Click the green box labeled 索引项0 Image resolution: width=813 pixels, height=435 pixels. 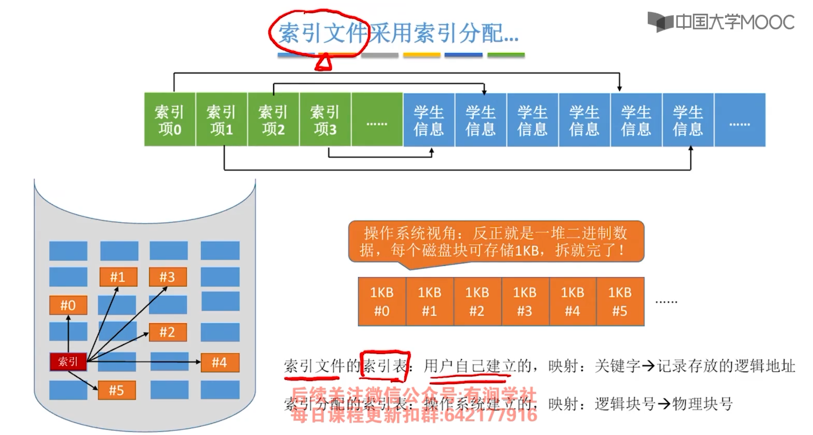[x=170, y=119]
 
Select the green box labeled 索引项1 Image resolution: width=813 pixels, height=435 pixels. [x=222, y=119]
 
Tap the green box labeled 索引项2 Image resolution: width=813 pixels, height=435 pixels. [x=273, y=119]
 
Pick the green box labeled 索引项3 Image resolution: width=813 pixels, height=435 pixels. [x=325, y=119]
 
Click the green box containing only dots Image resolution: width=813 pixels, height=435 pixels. [x=377, y=119]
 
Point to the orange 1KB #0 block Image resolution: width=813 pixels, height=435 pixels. [x=382, y=302]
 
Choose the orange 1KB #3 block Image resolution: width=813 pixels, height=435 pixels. [x=525, y=302]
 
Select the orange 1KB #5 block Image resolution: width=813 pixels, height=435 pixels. [x=620, y=302]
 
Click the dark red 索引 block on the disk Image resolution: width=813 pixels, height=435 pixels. [x=68, y=362]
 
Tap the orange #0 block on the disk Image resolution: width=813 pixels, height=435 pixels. [x=68, y=305]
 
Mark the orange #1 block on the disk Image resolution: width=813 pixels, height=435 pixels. [x=118, y=277]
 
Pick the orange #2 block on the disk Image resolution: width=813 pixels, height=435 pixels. [x=168, y=332]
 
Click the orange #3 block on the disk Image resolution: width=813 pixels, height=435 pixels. [x=168, y=277]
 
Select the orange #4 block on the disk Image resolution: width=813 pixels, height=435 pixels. [x=220, y=362]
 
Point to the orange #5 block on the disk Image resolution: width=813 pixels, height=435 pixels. [x=117, y=390]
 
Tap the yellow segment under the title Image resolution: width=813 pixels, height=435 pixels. [x=422, y=55]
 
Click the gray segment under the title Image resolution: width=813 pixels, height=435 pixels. [x=380, y=55]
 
